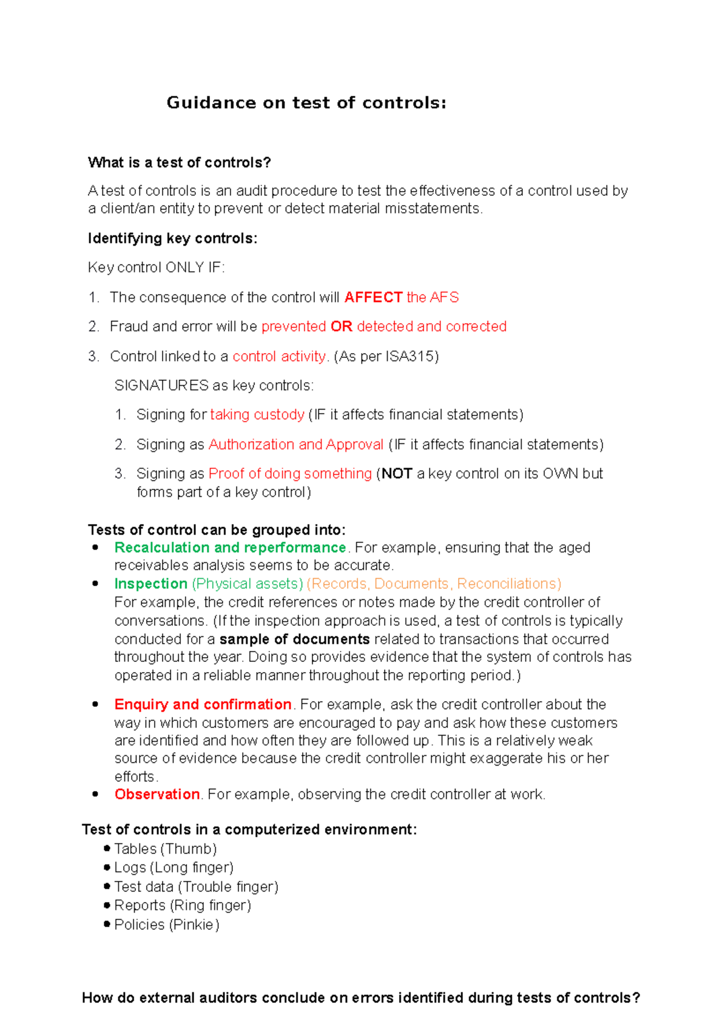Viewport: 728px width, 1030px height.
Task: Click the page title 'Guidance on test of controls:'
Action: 306,103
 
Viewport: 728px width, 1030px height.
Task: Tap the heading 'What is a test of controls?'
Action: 179,163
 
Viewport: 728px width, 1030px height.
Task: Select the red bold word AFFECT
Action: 373,297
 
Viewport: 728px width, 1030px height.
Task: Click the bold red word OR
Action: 341,326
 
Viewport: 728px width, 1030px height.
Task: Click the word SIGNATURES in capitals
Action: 161,385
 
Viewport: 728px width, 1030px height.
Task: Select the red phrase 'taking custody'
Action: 257,414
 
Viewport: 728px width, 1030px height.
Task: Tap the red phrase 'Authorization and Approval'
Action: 296,444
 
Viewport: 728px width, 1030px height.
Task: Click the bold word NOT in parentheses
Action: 397,473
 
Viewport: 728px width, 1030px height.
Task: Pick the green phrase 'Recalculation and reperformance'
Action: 230,547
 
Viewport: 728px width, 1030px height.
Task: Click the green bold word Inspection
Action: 150,584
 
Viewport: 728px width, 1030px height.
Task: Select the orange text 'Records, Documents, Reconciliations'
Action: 434,584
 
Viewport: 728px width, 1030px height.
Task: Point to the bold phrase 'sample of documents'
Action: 294,639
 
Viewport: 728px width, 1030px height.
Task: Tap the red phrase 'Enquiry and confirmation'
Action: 203,704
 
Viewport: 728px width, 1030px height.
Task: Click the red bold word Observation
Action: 157,794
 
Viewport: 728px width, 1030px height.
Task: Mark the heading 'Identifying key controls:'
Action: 172,238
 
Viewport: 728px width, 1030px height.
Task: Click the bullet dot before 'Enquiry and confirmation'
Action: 95,704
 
